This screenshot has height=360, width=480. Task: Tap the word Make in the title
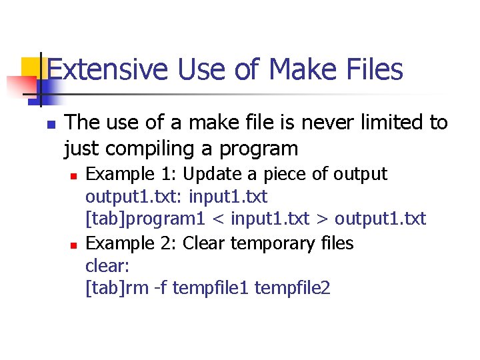coord(300,69)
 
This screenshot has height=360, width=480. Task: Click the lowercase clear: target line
coord(107,266)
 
